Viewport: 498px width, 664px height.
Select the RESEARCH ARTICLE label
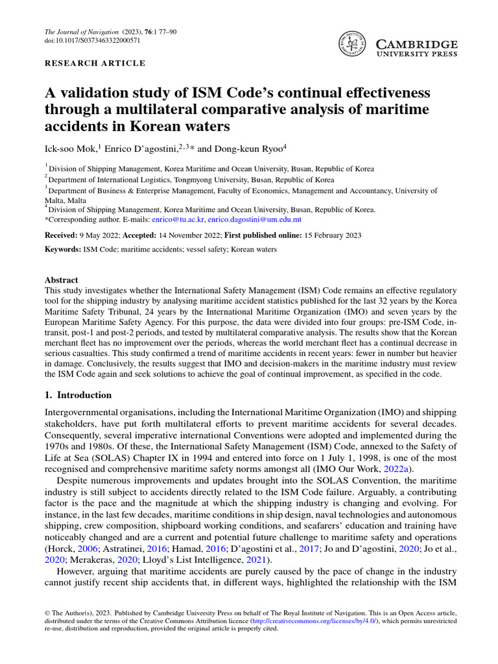[x=95, y=64]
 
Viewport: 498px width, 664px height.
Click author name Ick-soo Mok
[x=70, y=148]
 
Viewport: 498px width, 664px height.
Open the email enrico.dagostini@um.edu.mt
[x=254, y=220]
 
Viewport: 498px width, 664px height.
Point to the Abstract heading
[x=61, y=280]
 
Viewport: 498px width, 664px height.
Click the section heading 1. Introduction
[x=78, y=395]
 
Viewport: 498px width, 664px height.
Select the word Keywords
[x=64, y=250]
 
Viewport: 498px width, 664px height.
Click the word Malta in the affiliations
[x=55, y=200]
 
